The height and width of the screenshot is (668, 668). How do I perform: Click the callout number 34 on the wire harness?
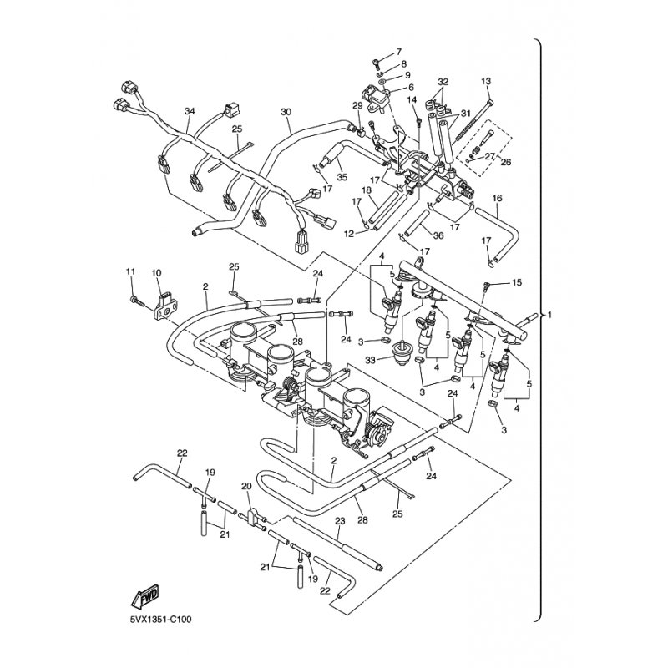pyautogui.click(x=190, y=112)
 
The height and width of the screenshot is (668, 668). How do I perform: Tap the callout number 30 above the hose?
pyautogui.click(x=286, y=112)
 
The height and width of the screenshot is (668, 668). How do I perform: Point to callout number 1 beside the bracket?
pyautogui.click(x=549, y=316)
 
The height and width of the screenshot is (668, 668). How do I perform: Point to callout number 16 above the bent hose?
pyautogui.click(x=497, y=198)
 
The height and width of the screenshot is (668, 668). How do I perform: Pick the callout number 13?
pyautogui.click(x=486, y=80)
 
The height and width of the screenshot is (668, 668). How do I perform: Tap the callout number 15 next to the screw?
pyautogui.click(x=516, y=284)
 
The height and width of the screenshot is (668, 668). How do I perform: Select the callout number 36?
pyautogui.click(x=438, y=237)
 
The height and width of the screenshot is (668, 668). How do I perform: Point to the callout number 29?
pyautogui.click(x=357, y=105)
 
